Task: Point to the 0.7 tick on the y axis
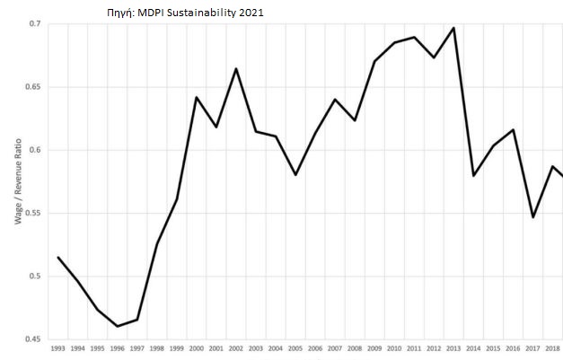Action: [33, 23]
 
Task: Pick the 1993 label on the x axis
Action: [58, 347]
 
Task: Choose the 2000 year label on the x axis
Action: [197, 347]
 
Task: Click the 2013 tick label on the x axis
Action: [453, 347]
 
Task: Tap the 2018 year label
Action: [552, 347]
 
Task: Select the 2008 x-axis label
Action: [355, 347]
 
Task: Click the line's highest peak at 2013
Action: [453, 28]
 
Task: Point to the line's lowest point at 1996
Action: [118, 326]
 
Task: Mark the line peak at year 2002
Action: [236, 68]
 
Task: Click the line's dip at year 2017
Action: [532, 217]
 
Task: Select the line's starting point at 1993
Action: [58, 258]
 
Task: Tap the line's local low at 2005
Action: [295, 175]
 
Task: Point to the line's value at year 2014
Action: [473, 175]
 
